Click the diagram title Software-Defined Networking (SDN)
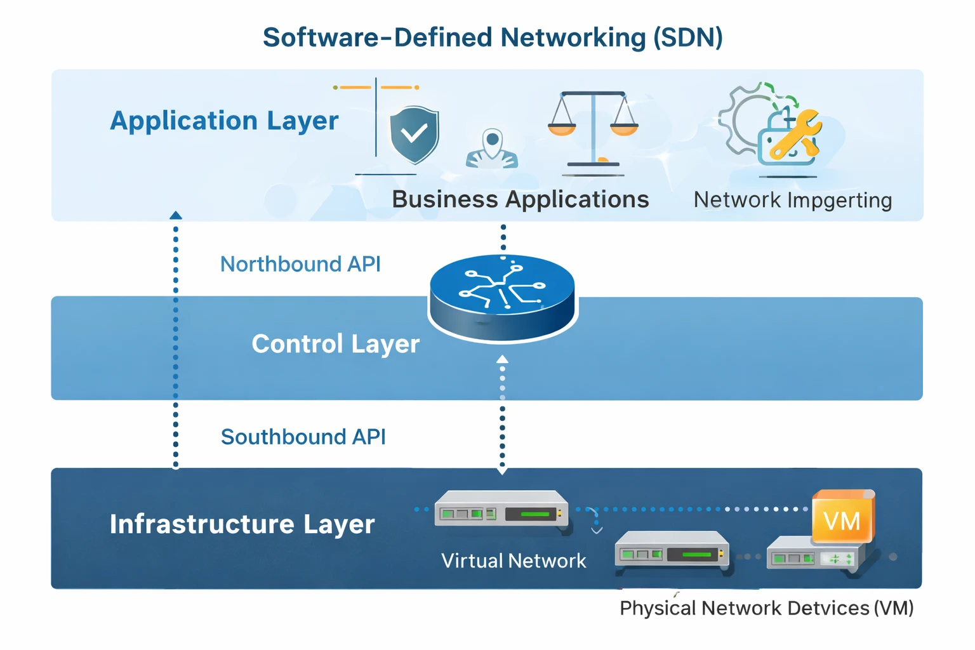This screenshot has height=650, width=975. coord(493,37)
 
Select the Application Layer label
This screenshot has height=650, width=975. coord(224,121)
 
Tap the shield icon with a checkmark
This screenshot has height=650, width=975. coord(414,134)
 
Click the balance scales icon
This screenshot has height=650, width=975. coord(593,130)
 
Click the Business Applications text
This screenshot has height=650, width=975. coord(520,199)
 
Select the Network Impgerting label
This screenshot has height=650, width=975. coord(792,200)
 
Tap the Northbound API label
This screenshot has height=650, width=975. coord(300,264)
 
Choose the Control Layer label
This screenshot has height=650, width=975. coord(335,344)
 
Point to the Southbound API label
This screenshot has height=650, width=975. coord(303,437)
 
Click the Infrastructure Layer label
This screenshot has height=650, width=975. coord(242,524)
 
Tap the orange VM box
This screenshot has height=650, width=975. coord(843,518)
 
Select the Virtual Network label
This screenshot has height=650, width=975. coord(514,560)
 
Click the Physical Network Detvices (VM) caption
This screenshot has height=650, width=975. coord(766,608)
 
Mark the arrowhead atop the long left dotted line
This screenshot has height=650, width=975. coord(176,216)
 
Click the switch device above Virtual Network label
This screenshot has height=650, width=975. coord(501,510)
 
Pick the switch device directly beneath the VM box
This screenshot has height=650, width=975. coord(814,554)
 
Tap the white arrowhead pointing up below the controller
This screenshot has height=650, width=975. coord(502,359)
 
